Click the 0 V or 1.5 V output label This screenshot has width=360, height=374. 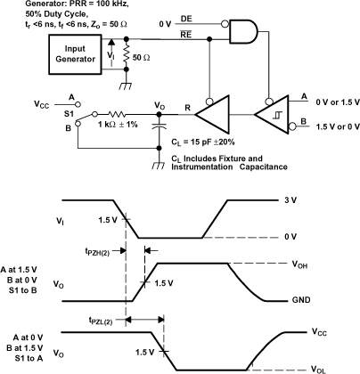[333, 102]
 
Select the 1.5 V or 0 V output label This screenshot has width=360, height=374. [333, 129]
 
